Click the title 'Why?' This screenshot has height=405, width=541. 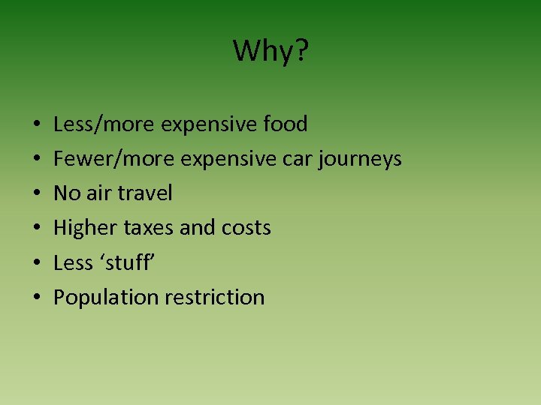coord(270,52)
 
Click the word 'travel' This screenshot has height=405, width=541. coord(145,193)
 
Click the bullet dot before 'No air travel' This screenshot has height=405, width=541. coord(37,194)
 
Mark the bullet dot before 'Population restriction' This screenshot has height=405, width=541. coord(37,298)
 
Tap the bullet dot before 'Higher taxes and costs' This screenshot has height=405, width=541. coord(37,229)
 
